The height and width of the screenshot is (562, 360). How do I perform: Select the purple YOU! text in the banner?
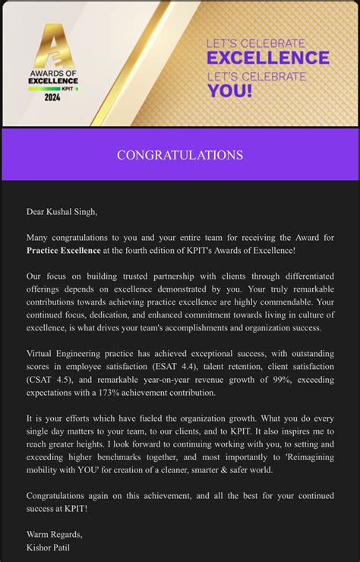pyautogui.click(x=229, y=92)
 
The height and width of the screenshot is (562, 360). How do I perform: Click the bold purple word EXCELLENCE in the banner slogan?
pyautogui.click(x=268, y=58)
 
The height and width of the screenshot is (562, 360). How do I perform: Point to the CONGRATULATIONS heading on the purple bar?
pyautogui.click(x=180, y=155)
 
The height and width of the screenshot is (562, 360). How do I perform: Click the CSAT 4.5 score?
pyautogui.click(x=48, y=380)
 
